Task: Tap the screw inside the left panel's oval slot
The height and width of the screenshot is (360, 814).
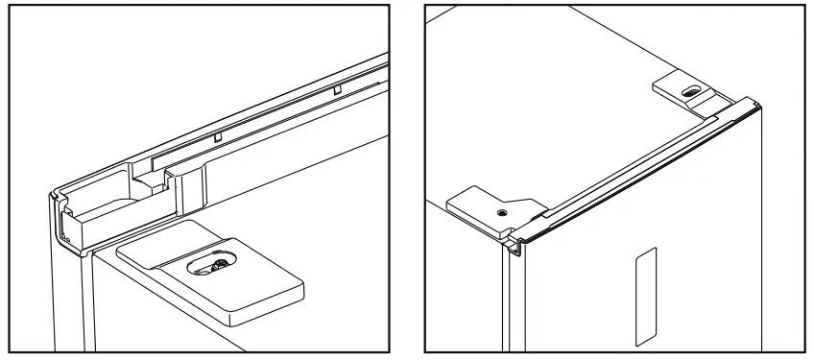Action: tap(220, 265)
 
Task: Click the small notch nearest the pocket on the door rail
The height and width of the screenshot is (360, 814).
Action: tap(218, 136)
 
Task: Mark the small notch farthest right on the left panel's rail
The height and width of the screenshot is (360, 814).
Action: tap(337, 88)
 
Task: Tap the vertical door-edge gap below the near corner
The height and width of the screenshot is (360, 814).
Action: tap(506, 298)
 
